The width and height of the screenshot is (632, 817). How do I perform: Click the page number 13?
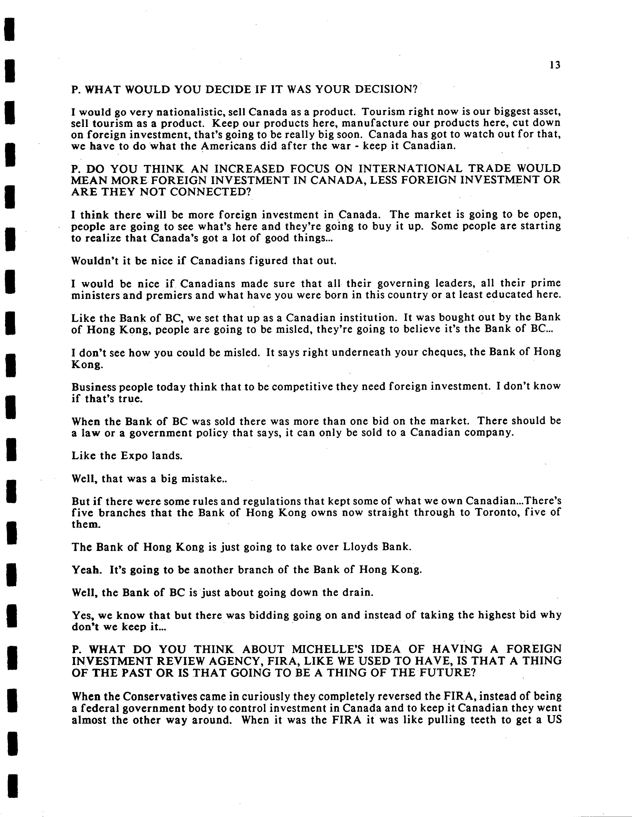click(555, 66)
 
